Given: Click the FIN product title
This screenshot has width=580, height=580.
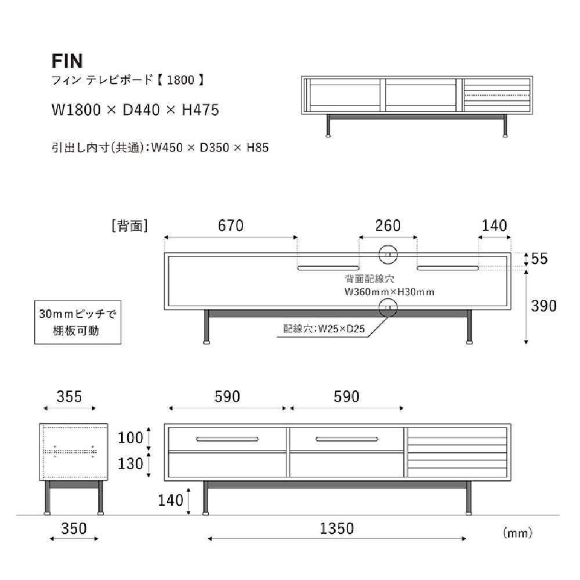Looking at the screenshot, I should (67, 61).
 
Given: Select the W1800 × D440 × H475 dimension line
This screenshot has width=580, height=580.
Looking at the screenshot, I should (135, 110).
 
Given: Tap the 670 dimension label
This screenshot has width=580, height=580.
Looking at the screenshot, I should (231, 225).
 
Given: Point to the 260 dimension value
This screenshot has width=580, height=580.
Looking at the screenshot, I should (388, 225).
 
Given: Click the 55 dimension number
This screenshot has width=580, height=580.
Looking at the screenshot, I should (539, 259).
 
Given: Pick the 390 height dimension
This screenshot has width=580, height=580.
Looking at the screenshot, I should (544, 306).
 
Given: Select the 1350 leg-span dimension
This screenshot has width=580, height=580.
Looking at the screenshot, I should (337, 528).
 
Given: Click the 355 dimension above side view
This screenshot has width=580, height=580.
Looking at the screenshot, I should (69, 397).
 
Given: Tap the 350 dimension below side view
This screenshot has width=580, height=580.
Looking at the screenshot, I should (74, 528).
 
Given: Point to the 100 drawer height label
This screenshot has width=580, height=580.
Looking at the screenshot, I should (130, 437).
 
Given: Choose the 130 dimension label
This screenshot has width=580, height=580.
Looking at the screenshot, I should (130, 464).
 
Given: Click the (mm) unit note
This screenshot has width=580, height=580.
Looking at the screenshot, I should (517, 531).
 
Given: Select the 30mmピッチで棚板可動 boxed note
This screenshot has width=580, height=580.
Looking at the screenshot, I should (78, 322).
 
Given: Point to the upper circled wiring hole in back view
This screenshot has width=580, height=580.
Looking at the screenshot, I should (387, 254).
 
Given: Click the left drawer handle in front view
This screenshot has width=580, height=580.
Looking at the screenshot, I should (227, 438).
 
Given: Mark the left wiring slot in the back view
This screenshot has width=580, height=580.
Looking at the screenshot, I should (328, 268).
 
